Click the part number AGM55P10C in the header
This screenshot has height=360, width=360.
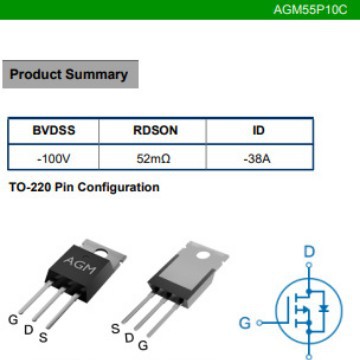coord(311,10)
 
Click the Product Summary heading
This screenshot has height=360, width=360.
coord(68,74)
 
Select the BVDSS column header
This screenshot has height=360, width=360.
coord(53,131)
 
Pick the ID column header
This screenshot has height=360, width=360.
coord(258,131)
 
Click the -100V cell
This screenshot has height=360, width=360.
coord(53,158)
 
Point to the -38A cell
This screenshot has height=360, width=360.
coord(258,158)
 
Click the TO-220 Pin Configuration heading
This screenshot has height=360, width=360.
coord(83,187)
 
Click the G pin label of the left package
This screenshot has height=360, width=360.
coord(13,320)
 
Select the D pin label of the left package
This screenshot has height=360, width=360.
coord(28,329)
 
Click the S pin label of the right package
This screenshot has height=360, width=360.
coord(116,328)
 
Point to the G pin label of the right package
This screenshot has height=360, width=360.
coord(143,345)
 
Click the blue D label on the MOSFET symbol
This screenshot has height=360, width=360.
coord(309,252)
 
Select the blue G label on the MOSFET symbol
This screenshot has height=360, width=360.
coord(245,323)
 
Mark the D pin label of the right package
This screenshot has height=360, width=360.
coord(129,338)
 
